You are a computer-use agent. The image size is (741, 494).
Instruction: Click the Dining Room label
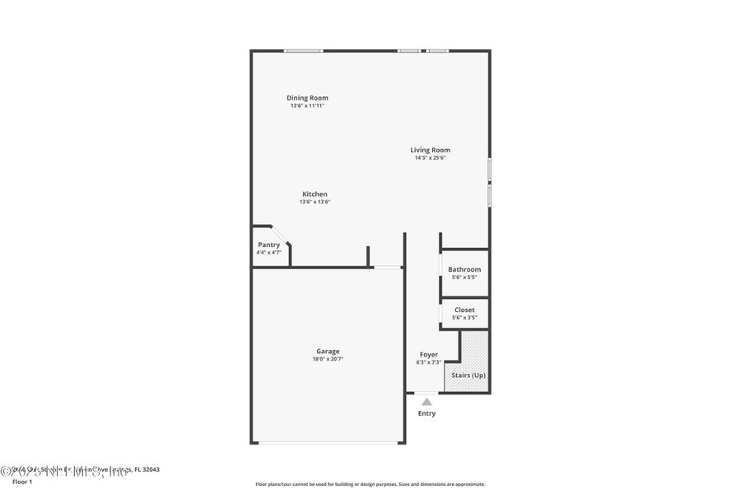(307, 98)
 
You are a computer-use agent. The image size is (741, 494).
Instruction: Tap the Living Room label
(431, 150)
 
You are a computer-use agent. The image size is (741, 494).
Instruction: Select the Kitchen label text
(315, 194)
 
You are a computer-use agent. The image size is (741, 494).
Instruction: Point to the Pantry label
(269, 245)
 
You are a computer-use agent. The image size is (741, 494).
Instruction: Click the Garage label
(328, 351)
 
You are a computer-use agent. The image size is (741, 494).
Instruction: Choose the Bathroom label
(464, 269)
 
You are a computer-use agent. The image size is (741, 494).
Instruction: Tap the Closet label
(464, 310)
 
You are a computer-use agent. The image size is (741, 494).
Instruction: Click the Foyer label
(429, 354)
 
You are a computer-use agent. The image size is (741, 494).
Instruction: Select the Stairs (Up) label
(468, 375)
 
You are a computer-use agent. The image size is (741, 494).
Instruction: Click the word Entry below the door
(426, 413)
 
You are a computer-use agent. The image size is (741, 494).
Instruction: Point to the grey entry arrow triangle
(426, 401)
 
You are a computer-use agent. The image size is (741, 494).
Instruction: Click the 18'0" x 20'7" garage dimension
(328, 359)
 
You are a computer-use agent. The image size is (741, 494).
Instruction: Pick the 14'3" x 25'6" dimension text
(431, 158)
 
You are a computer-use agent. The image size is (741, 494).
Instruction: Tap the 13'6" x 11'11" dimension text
(307, 106)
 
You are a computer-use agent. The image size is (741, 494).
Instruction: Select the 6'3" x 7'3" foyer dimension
(429, 362)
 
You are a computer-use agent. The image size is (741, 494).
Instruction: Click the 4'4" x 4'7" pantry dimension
(269, 252)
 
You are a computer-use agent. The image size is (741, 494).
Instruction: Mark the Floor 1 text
(22, 482)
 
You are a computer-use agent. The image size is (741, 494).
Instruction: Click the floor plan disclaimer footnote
(370, 484)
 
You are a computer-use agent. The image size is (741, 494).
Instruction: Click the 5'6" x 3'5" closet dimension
(464, 317)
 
